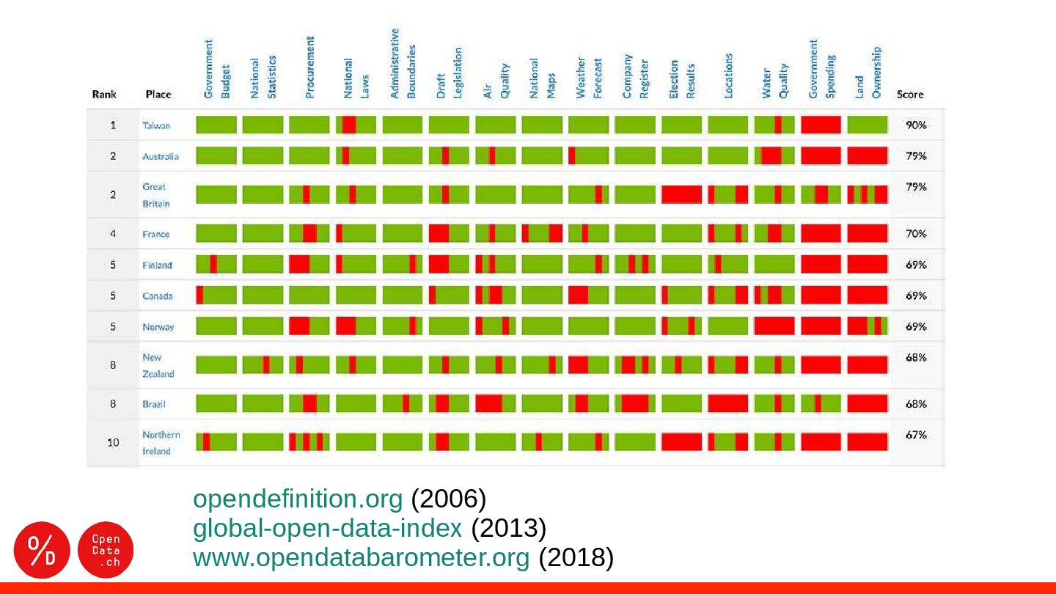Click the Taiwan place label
point(156,125)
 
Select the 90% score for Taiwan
point(916,125)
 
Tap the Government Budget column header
point(217,70)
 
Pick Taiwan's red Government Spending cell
point(821,125)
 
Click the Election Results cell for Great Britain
point(681,194)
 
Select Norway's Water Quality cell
point(774,326)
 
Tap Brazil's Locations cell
point(727,403)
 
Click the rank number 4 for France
point(113,234)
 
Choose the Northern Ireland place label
point(161,442)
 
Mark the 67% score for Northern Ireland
point(916,434)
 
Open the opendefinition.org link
point(297,499)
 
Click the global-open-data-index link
point(327,528)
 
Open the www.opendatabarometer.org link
point(360,558)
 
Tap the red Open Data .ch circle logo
point(105,550)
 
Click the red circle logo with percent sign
point(42,550)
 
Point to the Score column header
point(910,95)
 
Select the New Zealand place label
point(158,365)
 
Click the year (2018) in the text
point(576,558)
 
